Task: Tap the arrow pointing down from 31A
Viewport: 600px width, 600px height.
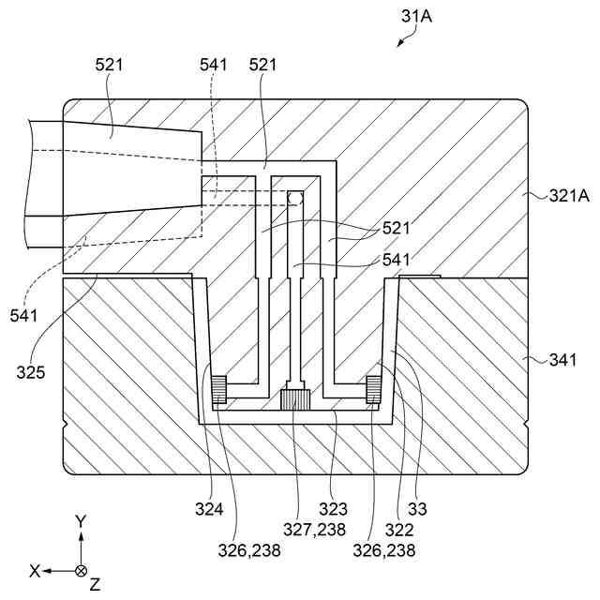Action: point(404,38)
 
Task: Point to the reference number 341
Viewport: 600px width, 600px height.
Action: point(564,358)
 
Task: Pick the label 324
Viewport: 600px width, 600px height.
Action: point(210,510)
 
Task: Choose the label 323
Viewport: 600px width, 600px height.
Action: point(335,510)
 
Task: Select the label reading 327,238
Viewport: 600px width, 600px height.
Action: point(314,531)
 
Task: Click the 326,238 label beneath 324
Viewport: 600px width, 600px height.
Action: point(249,551)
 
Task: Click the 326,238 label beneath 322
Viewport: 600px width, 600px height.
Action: point(384,551)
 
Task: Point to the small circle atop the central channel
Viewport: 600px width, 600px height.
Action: point(295,198)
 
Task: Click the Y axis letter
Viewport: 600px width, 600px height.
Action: point(82,520)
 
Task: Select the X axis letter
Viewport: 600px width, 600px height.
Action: point(35,570)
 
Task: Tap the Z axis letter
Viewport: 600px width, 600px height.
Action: point(95,584)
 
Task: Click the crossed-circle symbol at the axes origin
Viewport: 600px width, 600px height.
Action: point(82,570)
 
